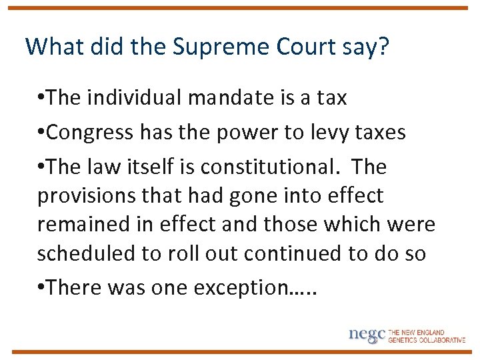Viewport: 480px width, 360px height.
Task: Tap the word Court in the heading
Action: (304, 47)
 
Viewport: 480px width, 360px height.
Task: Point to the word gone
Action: (245, 196)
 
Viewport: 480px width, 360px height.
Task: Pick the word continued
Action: (303, 254)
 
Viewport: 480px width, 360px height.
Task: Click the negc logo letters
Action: (367, 334)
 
